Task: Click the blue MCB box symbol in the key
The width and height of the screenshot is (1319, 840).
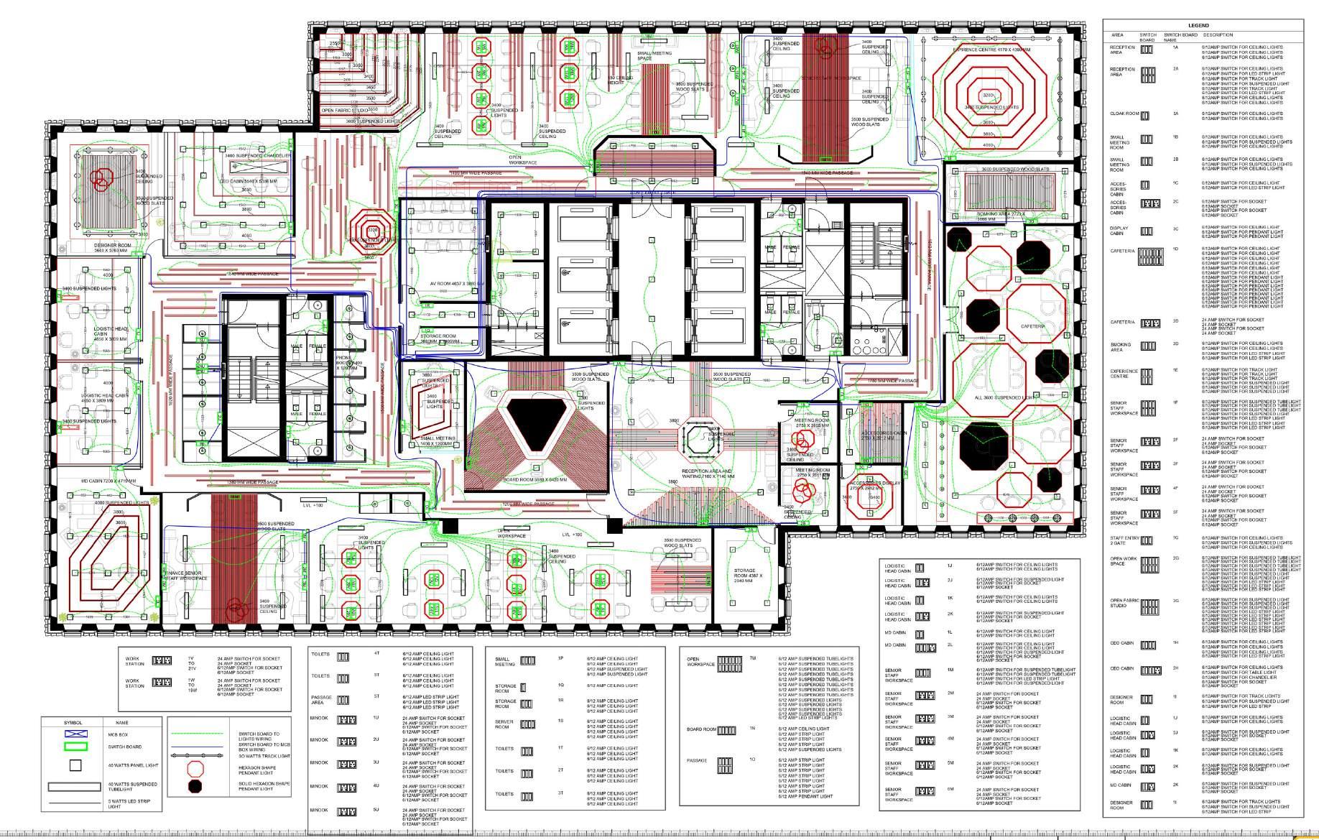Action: coord(75,734)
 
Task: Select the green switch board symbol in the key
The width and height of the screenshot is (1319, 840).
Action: coord(75,746)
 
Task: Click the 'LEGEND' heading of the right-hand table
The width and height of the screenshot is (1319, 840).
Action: coord(1198,26)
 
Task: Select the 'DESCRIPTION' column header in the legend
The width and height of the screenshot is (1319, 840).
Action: coord(1218,34)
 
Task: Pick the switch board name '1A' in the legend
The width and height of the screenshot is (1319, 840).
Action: coord(1176,47)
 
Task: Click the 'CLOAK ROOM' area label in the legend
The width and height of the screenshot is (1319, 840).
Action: coord(1124,114)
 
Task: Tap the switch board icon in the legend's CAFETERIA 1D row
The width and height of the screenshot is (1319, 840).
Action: coord(1150,257)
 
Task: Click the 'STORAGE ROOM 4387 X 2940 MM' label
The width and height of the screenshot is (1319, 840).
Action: coord(744,576)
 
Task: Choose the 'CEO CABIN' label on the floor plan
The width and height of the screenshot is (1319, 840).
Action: coord(249,181)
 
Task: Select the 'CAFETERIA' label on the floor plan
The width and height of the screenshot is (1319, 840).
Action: coord(1032,326)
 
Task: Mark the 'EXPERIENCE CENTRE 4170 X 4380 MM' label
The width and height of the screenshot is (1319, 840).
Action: coord(991,50)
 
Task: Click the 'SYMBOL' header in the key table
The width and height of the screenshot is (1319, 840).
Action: coord(73,722)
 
